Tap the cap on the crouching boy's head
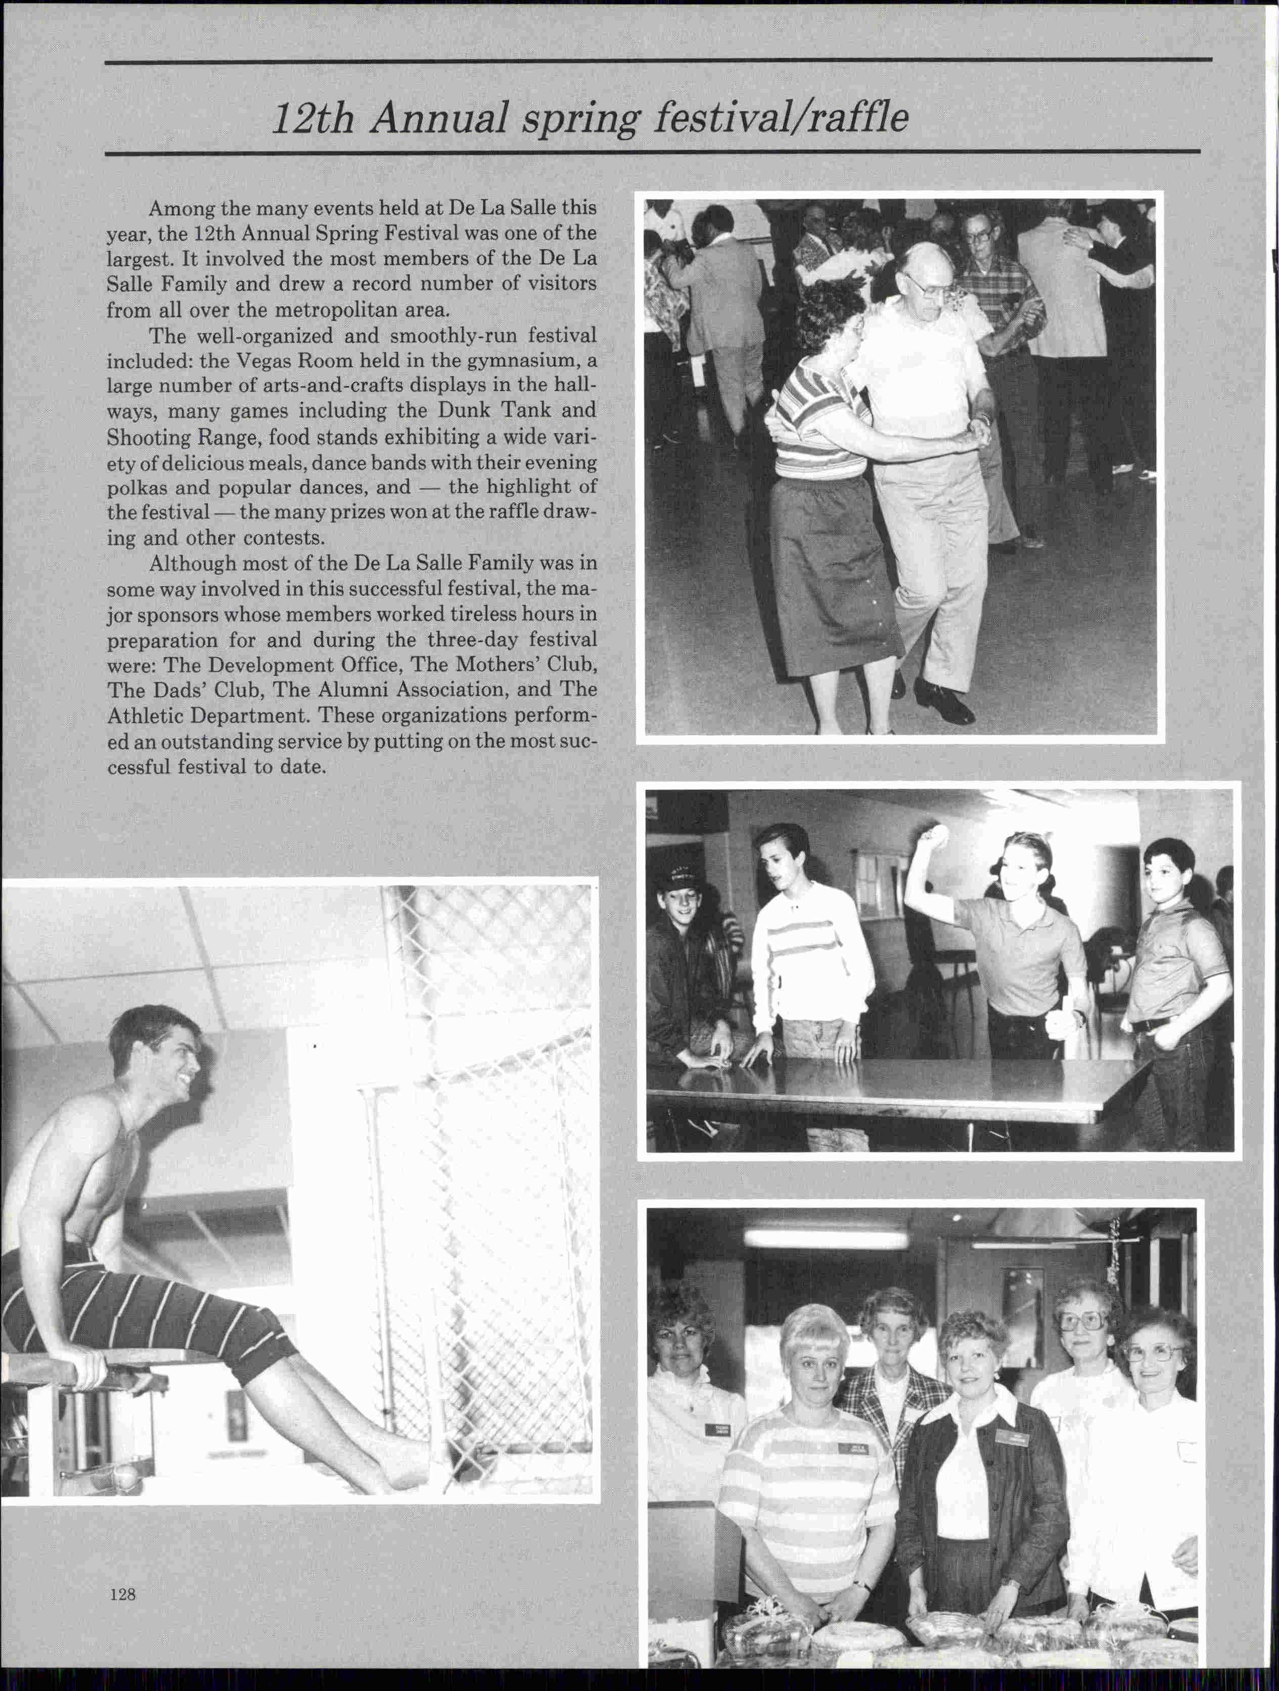[x=681, y=879]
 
